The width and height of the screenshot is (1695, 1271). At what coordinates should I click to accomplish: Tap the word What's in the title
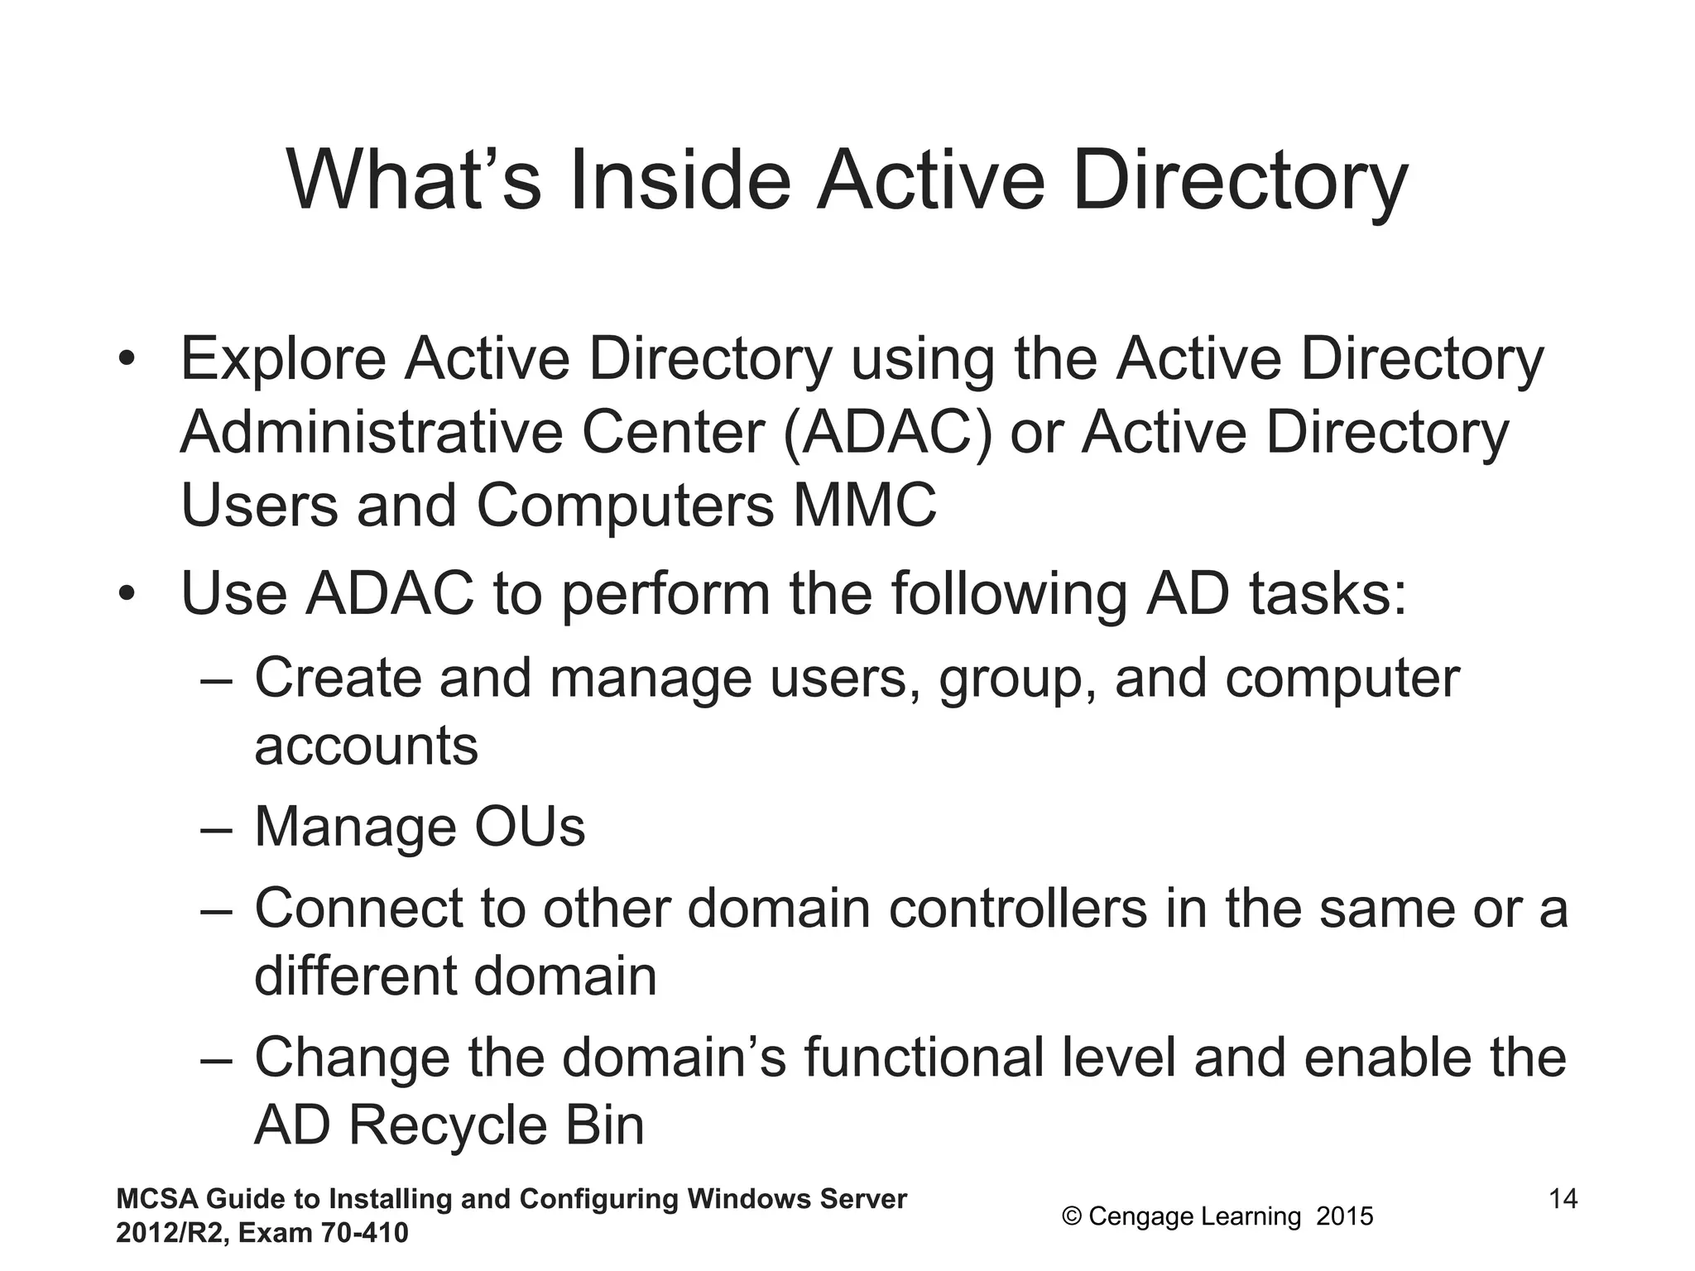(414, 181)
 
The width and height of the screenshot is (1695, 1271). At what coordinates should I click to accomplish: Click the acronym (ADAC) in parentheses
(886, 433)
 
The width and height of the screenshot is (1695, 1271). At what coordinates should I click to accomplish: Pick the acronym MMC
(865, 506)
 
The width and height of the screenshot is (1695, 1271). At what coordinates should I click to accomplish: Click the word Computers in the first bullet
(625, 506)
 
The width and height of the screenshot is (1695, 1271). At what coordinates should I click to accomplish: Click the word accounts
(366, 746)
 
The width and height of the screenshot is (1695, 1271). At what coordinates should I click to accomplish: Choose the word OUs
(530, 827)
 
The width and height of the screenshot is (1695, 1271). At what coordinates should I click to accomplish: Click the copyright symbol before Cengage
(1072, 1216)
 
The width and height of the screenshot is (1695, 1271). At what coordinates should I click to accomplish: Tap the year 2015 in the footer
(1345, 1216)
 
